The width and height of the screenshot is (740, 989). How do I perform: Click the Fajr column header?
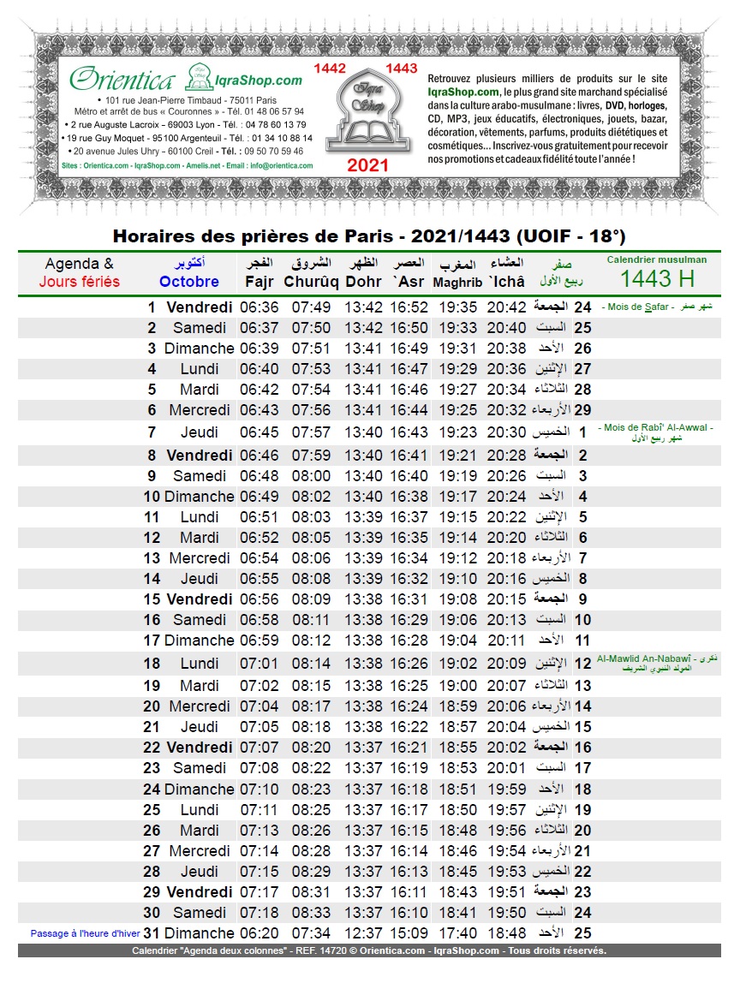click(x=260, y=281)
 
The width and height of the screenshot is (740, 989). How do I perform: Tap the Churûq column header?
click(x=312, y=281)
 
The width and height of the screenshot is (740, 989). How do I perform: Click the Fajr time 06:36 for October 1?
click(x=259, y=307)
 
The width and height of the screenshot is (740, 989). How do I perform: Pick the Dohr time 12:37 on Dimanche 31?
click(x=364, y=933)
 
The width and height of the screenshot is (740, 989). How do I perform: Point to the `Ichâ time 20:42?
click(x=507, y=307)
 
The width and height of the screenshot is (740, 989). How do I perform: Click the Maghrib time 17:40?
click(x=458, y=933)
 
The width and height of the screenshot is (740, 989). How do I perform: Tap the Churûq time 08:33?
click(x=312, y=913)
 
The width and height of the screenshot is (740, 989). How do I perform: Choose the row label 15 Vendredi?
click(x=188, y=599)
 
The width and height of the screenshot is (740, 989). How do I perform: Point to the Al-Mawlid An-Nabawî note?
click(x=656, y=663)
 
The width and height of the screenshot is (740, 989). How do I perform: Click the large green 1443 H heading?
click(x=657, y=278)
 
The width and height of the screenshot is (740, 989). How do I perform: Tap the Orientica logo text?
click(x=123, y=80)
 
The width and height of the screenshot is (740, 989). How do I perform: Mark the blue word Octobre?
click(x=189, y=282)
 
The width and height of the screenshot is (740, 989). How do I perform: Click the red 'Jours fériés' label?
click(x=80, y=282)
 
